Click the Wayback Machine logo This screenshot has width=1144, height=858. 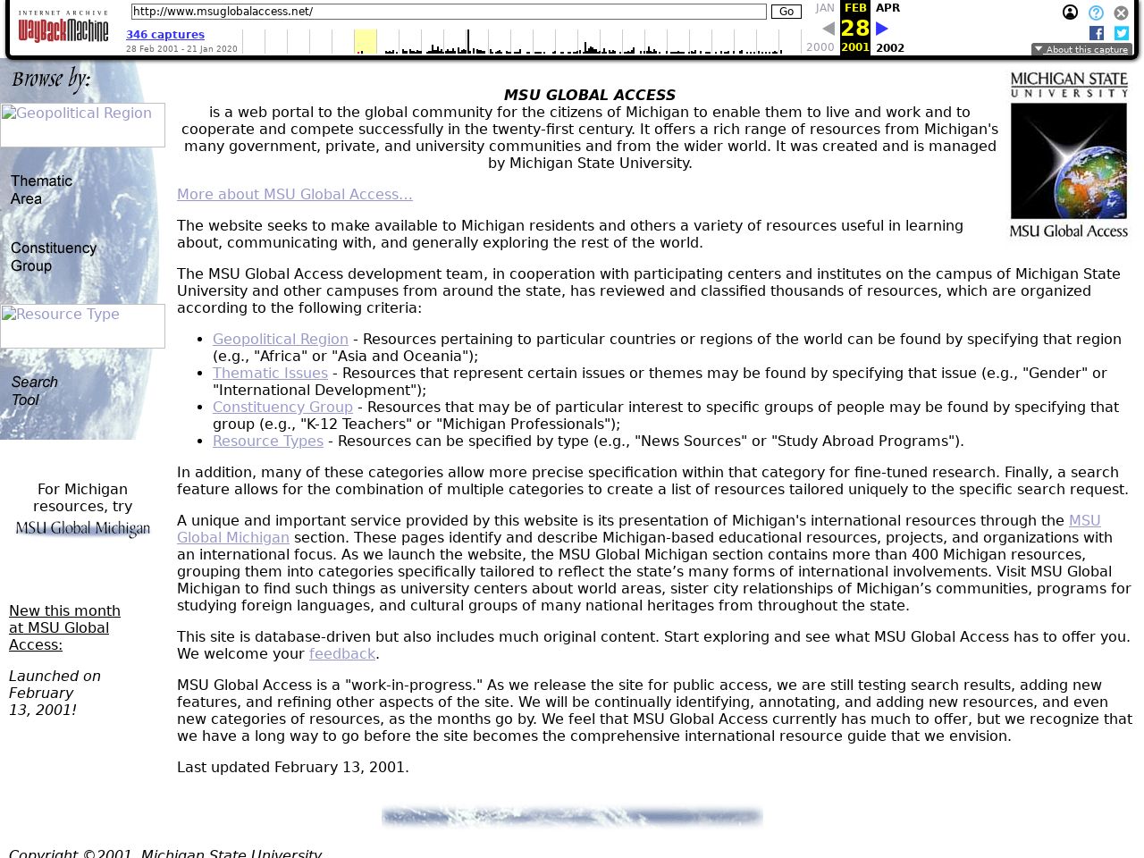[63, 28]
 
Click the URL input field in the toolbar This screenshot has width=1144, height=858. [448, 12]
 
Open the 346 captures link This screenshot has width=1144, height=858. [165, 35]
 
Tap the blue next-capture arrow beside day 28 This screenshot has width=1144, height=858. [882, 29]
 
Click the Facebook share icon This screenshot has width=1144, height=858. [1097, 33]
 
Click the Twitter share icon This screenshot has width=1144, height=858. [1122, 33]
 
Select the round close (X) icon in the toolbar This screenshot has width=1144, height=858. [1121, 13]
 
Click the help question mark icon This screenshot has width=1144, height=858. [1096, 13]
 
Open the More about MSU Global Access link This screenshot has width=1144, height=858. [294, 195]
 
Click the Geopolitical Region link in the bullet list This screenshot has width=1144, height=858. [280, 340]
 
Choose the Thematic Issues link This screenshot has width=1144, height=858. [270, 374]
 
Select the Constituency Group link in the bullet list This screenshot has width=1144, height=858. [282, 408]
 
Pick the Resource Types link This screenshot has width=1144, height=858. [267, 442]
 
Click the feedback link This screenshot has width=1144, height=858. [341, 654]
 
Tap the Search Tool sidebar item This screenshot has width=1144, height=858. [34, 391]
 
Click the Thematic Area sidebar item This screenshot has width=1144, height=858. [41, 189]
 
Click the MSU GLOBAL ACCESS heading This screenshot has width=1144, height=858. [589, 96]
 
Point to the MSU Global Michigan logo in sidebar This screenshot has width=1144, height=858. [82, 529]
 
